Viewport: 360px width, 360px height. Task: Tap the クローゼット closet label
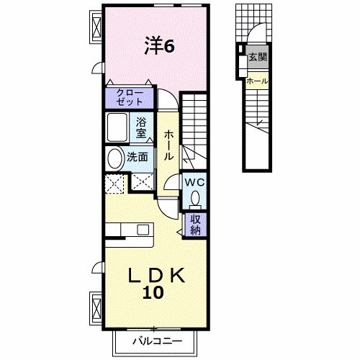pyautogui.click(x=130, y=96)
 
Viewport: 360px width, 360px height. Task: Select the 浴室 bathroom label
pyautogui.click(x=142, y=127)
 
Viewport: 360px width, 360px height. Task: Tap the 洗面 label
pyautogui.click(x=138, y=156)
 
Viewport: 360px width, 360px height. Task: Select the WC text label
pyautogui.click(x=194, y=182)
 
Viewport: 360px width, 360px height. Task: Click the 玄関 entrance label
pyautogui.click(x=258, y=56)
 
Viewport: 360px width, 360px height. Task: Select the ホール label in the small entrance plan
pyautogui.click(x=257, y=81)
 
